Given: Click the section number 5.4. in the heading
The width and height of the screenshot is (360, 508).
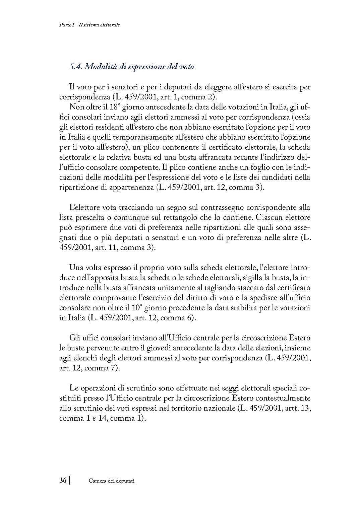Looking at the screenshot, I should click(76, 66).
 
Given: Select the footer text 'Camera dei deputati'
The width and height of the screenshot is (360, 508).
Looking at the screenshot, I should click(112, 481).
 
